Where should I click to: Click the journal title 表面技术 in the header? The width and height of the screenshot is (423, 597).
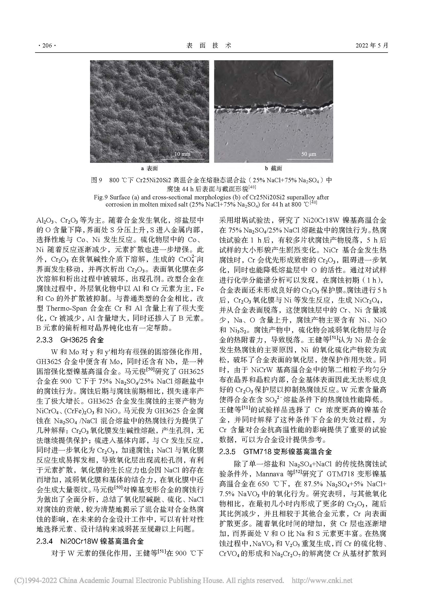[209, 45]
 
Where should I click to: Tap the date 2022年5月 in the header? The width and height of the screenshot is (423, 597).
[372, 45]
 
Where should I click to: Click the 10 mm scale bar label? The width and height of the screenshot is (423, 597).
[182, 154]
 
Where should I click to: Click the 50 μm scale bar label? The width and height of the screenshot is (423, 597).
[309, 154]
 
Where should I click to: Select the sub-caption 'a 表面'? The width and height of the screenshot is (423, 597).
[150, 168]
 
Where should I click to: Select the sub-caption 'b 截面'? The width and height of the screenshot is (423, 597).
[273, 168]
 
